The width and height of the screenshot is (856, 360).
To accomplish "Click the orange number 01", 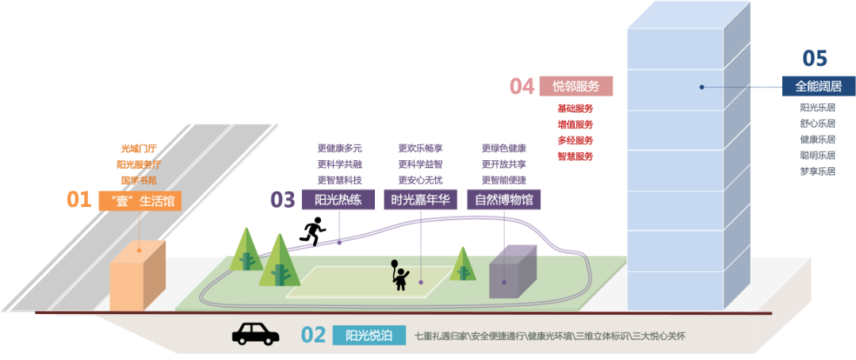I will [78, 199].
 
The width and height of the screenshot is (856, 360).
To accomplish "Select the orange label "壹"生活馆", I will [139, 200].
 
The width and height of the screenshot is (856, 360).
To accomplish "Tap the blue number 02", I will [313, 335].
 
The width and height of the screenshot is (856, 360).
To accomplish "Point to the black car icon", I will [255, 333].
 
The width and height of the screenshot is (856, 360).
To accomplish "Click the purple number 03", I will [282, 199].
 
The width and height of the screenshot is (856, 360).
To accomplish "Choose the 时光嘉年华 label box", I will [420, 200].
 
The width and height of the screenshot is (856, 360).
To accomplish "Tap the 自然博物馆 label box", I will [503, 200].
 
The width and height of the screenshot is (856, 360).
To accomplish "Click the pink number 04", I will [521, 86].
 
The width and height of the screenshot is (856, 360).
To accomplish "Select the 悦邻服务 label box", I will [576, 86].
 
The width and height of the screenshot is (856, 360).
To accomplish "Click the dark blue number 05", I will [815, 58].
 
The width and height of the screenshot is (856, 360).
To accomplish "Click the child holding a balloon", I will [399, 274].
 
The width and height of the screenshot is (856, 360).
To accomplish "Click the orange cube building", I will [137, 276].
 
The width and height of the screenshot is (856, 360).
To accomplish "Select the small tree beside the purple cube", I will [462, 264].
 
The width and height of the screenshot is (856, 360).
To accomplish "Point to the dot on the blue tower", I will [701, 87].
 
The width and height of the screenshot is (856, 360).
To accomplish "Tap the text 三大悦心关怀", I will [659, 336].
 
